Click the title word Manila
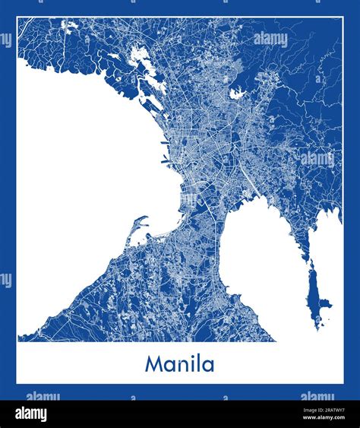pos(179,363)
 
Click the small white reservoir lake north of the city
pos(237,94)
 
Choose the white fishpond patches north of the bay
pos(138,57)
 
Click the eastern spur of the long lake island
pos(327,304)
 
